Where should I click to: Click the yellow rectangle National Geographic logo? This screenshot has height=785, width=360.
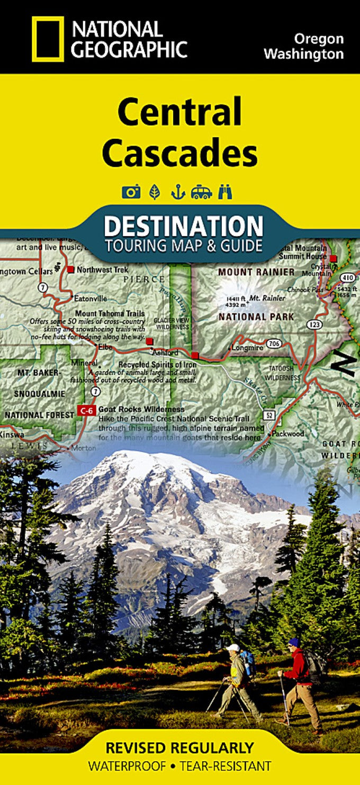(48, 39)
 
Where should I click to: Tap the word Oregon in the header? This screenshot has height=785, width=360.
(319, 39)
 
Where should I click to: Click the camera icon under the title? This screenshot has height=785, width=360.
(131, 192)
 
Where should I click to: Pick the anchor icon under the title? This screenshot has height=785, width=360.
(177, 192)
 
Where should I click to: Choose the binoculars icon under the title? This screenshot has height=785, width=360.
(224, 192)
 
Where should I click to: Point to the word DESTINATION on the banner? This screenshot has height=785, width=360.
(183, 226)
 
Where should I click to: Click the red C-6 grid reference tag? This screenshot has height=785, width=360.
(85, 410)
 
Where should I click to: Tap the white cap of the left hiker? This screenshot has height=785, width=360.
(232, 648)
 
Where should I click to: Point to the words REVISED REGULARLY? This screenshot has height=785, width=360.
(179, 747)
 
